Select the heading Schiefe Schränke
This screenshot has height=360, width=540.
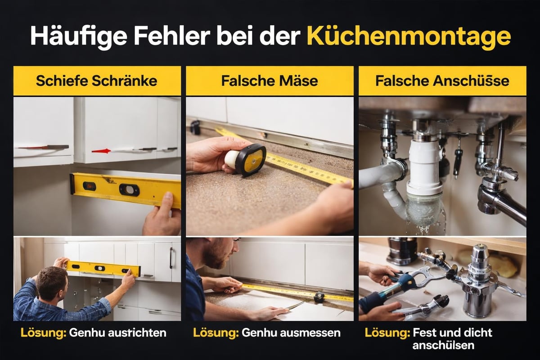click(97, 81)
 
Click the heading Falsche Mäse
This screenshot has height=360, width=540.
click(270, 81)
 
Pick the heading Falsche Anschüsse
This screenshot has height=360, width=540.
click(442, 81)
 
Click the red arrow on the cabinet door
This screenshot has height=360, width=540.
click(101, 151)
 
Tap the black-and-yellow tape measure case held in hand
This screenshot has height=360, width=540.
click(250, 159)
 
